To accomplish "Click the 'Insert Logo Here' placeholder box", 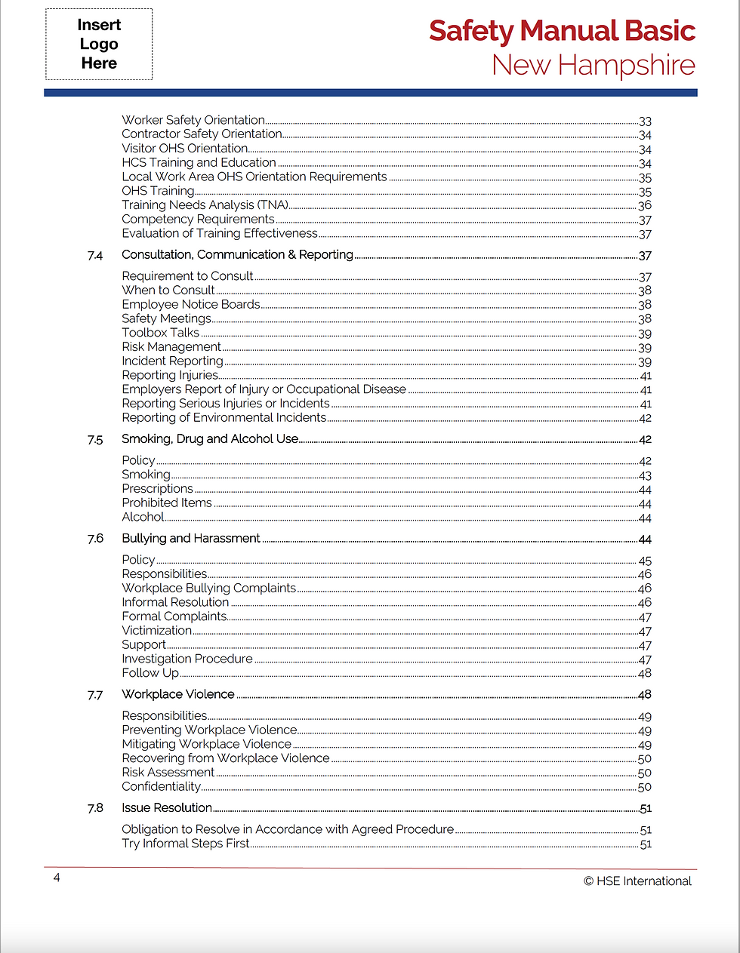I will click(x=99, y=45).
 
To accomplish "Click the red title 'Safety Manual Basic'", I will click(x=562, y=31).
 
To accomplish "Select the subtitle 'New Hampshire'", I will click(x=594, y=66).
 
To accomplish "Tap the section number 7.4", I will click(x=95, y=256).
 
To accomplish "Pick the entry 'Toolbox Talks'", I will click(x=161, y=333).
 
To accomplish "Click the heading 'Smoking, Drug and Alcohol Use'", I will click(x=210, y=439).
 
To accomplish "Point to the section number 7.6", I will click(x=95, y=539).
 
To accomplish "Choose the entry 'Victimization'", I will click(x=157, y=631).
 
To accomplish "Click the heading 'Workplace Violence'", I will click(x=178, y=694).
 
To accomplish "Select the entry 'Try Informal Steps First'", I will click(x=186, y=844).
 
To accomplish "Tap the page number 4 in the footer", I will click(x=57, y=878).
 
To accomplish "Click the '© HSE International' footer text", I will click(x=637, y=881).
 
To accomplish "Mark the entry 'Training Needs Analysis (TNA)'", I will click(x=205, y=205).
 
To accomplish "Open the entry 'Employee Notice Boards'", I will click(x=191, y=305).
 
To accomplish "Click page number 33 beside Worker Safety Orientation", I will click(x=645, y=121).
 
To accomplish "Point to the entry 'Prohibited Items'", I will click(x=167, y=503).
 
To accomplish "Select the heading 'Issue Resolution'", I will click(x=167, y=808).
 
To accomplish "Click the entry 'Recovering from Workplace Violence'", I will click(x=226, y=758).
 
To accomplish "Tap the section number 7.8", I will click(x=95, y=808).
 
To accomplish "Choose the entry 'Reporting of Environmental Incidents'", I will click(x=224, y=418).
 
